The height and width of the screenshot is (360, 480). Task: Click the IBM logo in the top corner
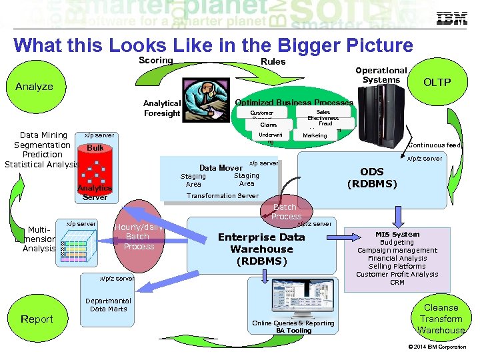pos(451,19)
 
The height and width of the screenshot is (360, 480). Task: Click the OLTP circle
pos(437,83)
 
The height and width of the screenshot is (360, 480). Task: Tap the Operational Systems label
pos(381,75)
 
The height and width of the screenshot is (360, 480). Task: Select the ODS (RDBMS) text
pos(371,177)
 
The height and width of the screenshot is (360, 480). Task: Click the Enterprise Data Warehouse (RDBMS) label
pos(261,249)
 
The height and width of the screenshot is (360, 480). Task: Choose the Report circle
pos(37,319)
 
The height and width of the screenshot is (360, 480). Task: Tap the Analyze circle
pos(34,87)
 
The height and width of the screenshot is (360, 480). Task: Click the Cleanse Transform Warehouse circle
pos(441,319)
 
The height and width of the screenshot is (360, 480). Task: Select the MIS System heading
pos(397,234)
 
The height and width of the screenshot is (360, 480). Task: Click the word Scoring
pos(155,61)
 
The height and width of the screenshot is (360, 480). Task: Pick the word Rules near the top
pos(273,61)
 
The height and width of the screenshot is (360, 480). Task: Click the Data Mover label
pos(221,168)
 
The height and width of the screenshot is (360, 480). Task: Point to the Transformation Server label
pos(222,195)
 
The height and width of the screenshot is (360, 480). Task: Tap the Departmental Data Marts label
pos(108,305)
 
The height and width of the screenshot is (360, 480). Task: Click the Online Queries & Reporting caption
pos(293,323)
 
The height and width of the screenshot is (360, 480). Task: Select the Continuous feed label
pos(434,145)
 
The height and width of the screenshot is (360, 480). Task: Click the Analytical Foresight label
pos(161,108)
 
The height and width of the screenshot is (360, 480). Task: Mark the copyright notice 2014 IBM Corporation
pos(437,347)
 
